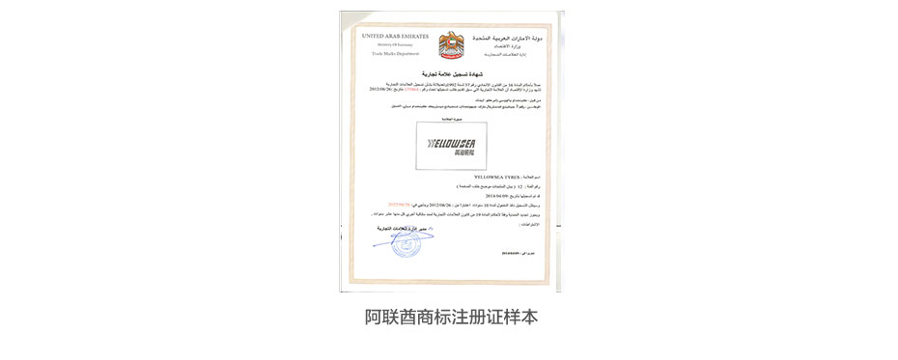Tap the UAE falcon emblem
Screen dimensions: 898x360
click(451, 45)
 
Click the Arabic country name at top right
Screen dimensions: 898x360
click(509, 37)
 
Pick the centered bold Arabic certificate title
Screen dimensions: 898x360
click(452, 73)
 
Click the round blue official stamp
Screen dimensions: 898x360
click(408, 242)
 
